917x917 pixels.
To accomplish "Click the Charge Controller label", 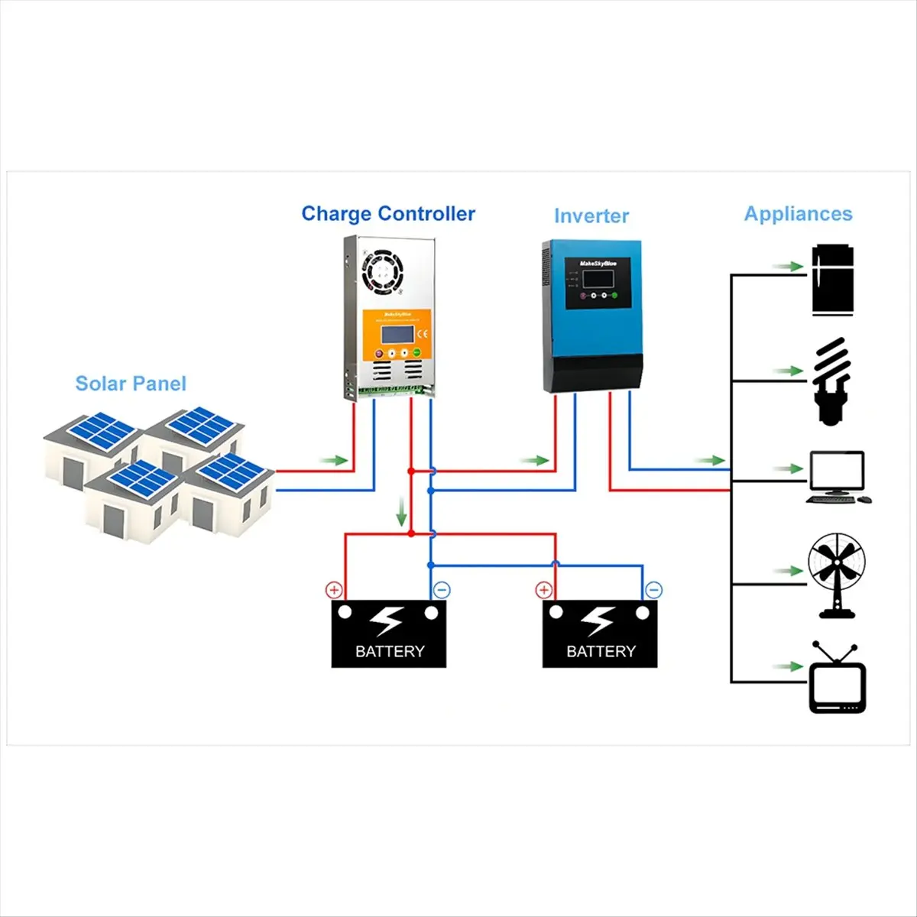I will coord(388,214).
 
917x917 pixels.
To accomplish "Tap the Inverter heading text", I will coord(591,216).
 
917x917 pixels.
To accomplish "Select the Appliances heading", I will coord(798,214).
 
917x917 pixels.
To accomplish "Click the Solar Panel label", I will coord(131,384).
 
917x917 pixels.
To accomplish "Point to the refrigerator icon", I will coord(832,280).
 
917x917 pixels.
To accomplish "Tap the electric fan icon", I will coord(837,575).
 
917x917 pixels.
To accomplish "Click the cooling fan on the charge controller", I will coord(382,272).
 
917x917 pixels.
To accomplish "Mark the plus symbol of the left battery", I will coord(334,590).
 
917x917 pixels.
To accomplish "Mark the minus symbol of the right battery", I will coord(653,590).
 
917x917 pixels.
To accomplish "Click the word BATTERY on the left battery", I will coord(389,652).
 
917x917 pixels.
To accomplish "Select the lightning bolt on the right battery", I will coord(600,621).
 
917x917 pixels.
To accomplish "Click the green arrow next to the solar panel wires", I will coord(334,460).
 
